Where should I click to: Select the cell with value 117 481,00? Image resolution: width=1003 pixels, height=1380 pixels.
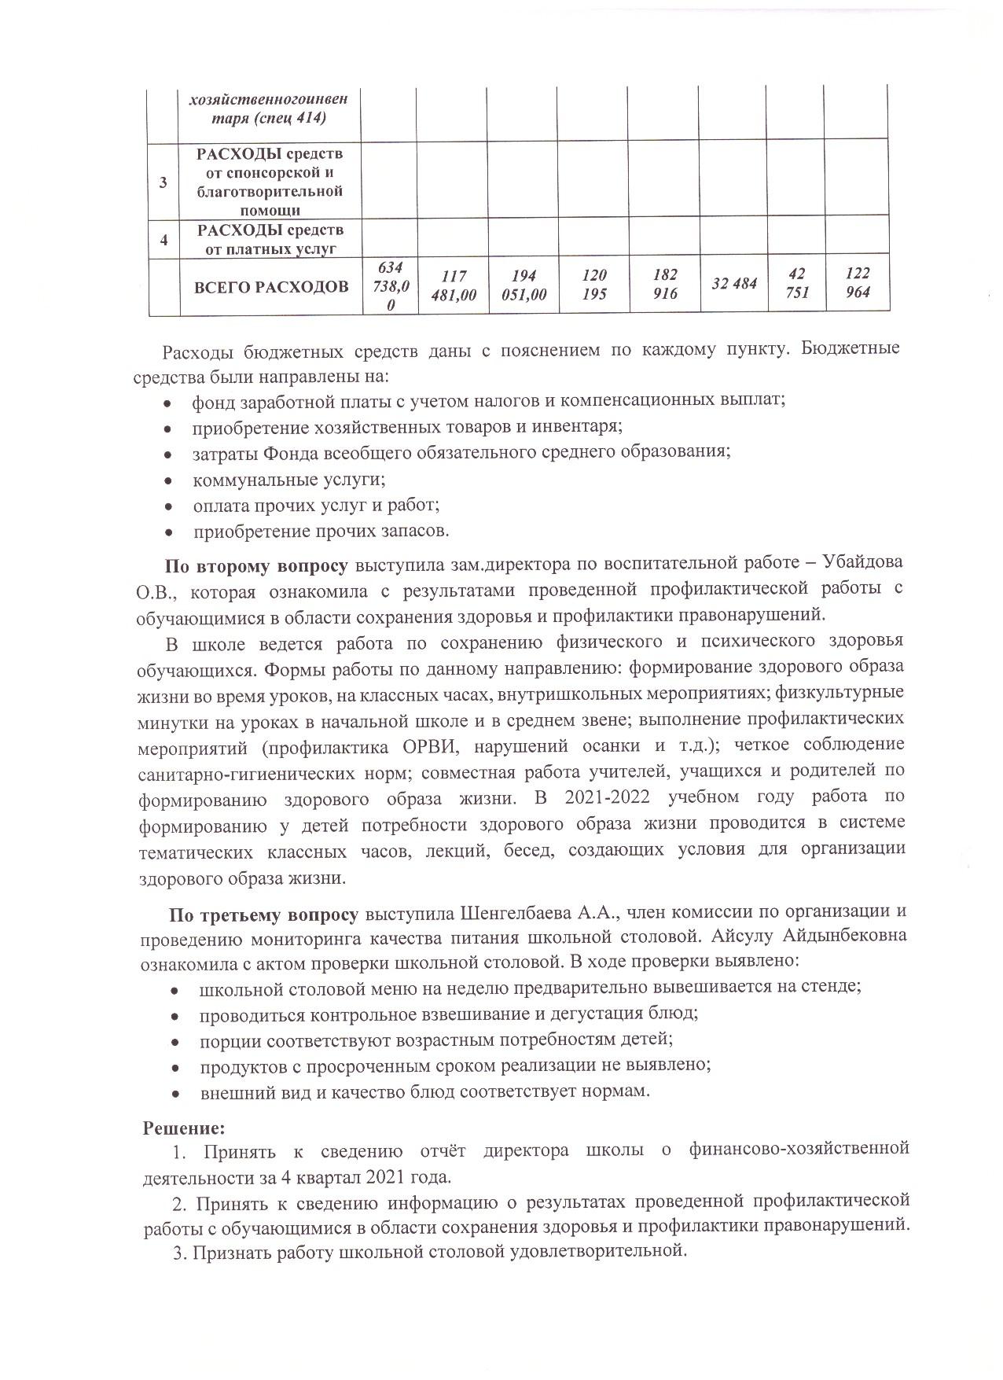coord(452,285)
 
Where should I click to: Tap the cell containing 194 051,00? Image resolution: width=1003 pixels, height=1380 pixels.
coord(522,285)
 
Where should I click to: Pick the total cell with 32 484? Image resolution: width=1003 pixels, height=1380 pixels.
coord(733,284)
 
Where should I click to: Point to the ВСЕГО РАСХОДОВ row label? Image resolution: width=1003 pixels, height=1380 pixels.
coord(271,286)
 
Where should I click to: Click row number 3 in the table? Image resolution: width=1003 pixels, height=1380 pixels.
coord(163,182)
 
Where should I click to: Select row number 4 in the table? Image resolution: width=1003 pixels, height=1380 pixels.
coord(163,240)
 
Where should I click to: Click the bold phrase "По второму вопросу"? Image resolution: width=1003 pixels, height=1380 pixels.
coord(255,565)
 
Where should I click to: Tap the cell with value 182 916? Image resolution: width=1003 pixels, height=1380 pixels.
coord(664,285)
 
